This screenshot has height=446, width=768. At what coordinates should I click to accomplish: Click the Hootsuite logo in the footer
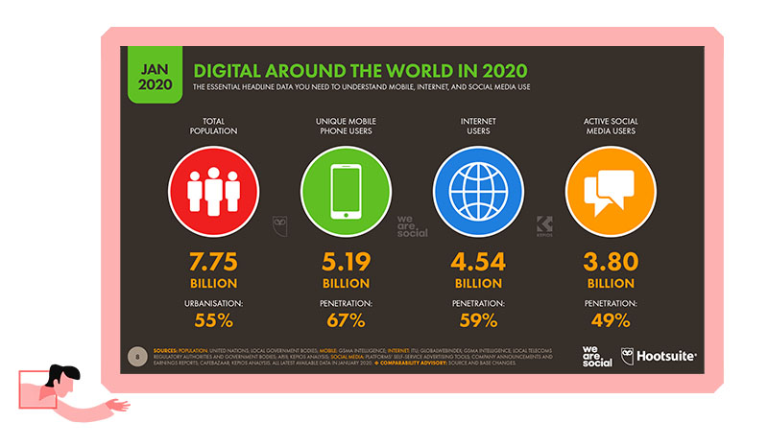point(662,355)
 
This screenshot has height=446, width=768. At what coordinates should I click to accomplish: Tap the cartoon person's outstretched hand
point(121,406)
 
